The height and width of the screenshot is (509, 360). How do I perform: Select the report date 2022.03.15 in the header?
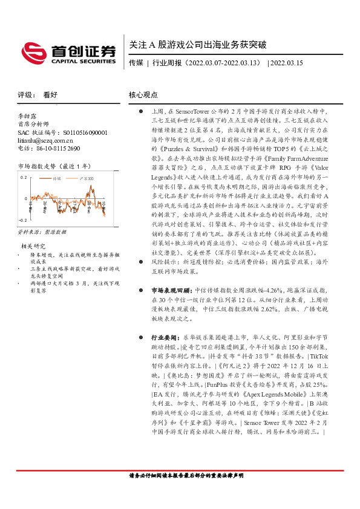(287, 63)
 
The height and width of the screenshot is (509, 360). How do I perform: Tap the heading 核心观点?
(143, 95)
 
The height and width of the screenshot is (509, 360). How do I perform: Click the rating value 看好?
(50, 95)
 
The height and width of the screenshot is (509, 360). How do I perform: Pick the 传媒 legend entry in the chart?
(58, 179)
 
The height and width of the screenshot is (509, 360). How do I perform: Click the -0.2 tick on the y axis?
(22, 221)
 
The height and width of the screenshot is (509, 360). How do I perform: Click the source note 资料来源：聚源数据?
(42, 232)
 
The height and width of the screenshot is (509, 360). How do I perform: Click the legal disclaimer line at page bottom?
(186, 493)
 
